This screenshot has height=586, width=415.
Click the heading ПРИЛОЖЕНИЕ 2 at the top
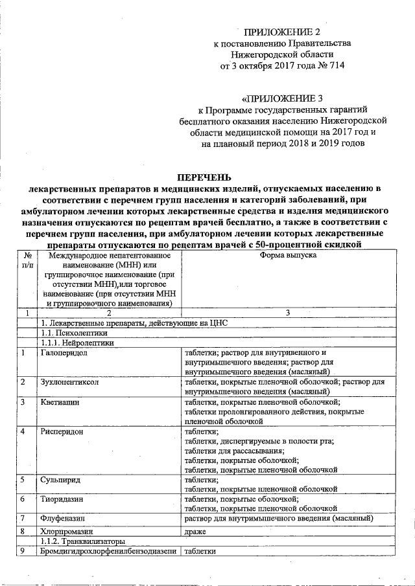pos(282,32)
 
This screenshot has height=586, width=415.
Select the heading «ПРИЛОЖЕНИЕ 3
pos(282,99)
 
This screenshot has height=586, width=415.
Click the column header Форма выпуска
pos(288,256)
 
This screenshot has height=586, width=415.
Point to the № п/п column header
pos(25,261)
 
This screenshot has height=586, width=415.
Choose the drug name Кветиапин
pos(60,402)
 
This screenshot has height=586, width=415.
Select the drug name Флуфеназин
pos(62,519)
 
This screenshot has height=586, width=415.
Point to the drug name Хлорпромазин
pos(65,531)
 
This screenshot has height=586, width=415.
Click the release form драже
pos(195,531)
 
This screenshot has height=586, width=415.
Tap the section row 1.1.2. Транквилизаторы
pos(82,541)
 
